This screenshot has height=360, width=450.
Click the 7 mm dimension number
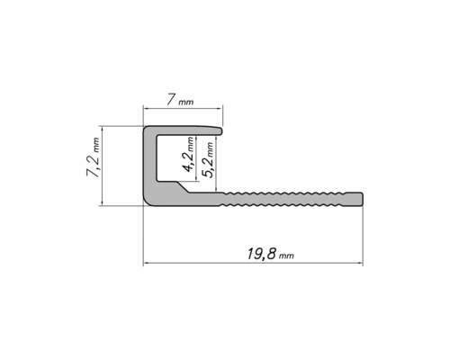171,100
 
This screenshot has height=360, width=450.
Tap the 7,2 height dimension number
94,166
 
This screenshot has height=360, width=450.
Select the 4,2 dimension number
188,163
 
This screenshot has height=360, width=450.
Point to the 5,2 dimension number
209,168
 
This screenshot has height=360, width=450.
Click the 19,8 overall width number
261,254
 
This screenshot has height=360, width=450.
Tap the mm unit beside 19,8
286,256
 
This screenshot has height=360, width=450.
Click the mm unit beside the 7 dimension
186,103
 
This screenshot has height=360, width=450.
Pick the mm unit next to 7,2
96,145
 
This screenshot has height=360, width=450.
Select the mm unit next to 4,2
191,144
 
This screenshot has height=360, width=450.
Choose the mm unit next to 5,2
211,149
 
